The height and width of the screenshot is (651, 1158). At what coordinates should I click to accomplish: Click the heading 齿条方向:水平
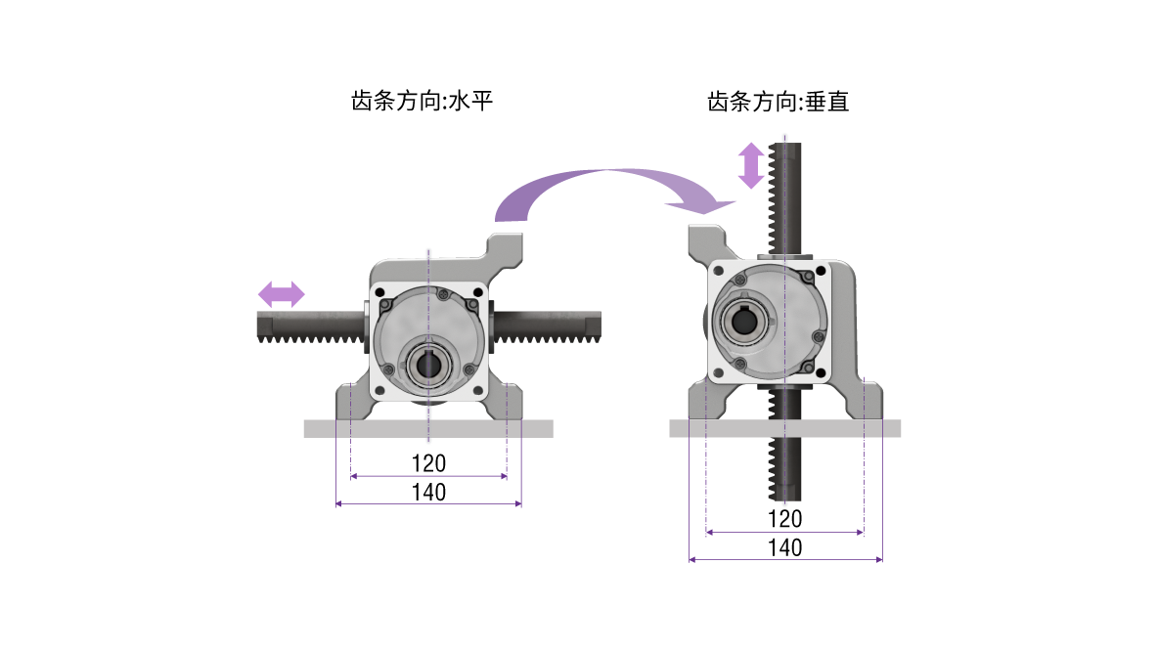point(421,102)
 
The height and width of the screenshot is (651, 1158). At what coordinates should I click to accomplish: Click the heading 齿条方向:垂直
point(778,102)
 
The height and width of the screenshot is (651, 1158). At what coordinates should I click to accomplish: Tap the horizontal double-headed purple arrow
point(282,293)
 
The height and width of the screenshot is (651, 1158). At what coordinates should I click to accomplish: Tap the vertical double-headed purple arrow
point(750,165)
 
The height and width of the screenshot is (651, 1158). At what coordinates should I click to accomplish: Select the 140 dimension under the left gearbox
point(428,492)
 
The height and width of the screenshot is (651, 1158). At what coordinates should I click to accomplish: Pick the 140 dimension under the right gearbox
point(784,547)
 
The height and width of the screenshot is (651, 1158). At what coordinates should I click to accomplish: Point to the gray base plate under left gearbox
point(428,428)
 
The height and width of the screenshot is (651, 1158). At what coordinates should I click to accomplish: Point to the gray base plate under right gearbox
point(784,428)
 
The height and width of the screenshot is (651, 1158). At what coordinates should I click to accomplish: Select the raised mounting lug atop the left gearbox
point(505,244)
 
